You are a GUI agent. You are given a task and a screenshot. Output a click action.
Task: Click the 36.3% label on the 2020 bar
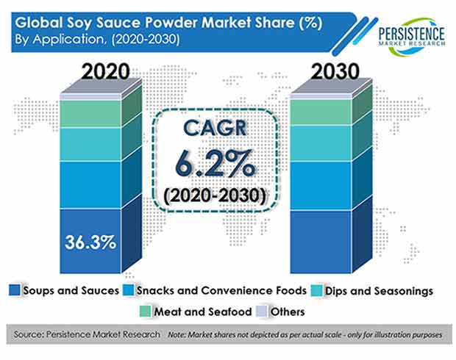point(90,242)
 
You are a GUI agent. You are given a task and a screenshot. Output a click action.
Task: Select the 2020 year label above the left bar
point(106,71)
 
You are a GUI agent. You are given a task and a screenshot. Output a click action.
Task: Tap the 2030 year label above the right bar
point(335,71)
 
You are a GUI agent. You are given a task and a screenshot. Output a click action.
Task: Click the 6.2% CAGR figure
point(215,164)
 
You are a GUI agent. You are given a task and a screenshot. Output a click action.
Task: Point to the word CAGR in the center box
point(215,128)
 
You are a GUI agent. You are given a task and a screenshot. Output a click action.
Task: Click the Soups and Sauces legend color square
point(15,290)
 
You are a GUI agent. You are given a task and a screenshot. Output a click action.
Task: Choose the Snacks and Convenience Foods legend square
point(128,290)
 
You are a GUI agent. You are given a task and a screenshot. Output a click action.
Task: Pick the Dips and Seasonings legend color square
point(316,290)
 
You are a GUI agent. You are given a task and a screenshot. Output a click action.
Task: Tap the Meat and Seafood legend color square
point(145,312)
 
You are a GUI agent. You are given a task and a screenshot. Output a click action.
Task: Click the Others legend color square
point(262,312)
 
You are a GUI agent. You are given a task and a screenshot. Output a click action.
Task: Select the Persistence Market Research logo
point(412,37)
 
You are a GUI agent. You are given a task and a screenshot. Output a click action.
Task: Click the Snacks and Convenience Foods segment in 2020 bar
point(90,185)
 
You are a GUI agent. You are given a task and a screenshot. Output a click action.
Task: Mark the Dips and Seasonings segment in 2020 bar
point(90,144)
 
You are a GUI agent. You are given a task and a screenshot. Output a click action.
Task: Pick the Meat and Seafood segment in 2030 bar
point(321,112)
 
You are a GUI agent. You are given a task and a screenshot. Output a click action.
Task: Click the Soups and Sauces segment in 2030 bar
point(321,242)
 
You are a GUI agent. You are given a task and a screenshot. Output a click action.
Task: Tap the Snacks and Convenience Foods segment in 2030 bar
point(321,185)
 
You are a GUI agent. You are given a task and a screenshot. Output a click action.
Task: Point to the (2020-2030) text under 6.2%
point(215,195)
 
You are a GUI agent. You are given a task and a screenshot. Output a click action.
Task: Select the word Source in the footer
point(28,334)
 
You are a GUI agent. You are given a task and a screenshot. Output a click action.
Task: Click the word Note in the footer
point(177,335)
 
